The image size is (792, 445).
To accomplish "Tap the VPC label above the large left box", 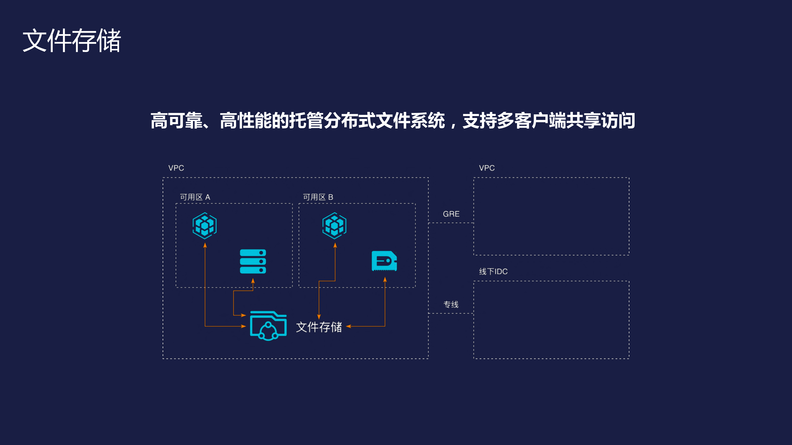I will point(176,168).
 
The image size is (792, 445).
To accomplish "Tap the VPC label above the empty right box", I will point(487,168).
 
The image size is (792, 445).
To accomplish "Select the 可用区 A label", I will point(195,197).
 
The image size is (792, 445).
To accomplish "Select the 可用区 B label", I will point(318,197).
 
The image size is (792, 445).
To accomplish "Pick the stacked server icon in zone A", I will point(253,261).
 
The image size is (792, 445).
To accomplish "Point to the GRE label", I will point(451,214).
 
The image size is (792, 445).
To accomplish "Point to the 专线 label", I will point(451,304).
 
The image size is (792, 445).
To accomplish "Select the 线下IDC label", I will point(493,271).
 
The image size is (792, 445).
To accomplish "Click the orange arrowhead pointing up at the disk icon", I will point(385,279).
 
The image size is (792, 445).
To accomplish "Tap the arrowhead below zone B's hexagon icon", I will point(335,245).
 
